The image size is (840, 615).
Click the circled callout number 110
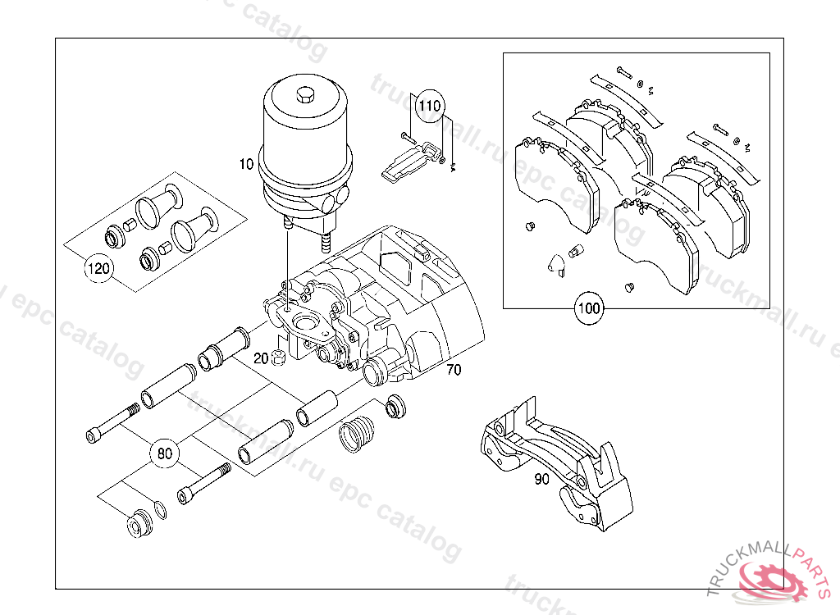[x=429, y=106]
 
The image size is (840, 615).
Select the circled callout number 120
[x=98, y=268]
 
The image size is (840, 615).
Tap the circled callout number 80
[x=164, y=453]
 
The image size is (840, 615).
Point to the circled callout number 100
[x=589, y=308]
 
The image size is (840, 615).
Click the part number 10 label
[x=246, y=164]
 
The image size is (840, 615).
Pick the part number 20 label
[x=261, y=358]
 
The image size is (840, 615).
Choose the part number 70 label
[x=454, y=370]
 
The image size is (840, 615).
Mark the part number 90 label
[x=542, y=479]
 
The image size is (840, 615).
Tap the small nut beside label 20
[x=277, y=358]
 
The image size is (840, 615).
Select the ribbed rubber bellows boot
[x=357, y=434]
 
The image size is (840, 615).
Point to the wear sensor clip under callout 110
[x=410, y=161]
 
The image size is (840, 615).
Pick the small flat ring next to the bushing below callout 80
[x=160, y=510]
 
